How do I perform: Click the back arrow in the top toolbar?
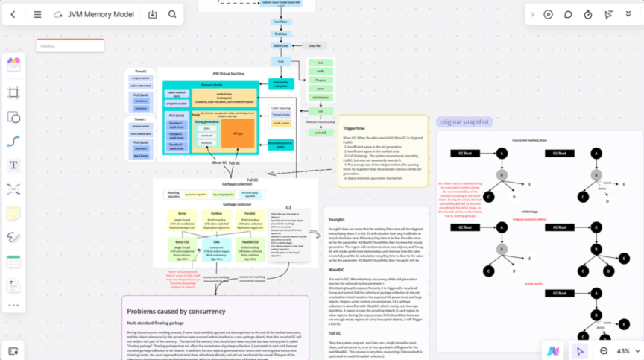(13, 14)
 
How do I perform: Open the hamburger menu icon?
(37, 14)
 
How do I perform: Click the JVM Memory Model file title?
(101, 14)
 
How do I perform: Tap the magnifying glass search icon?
(172, 14)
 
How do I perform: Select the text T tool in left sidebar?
(13, 165)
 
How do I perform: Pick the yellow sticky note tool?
(13, 213)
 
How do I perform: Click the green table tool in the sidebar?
(13, 262)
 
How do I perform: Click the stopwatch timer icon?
(588, 14)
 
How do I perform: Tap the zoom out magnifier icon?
(604, 350)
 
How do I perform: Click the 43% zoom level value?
(625, 350)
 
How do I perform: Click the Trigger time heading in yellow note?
(354, 128)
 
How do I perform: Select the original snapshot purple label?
(464, 121)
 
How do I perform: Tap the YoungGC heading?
(337, 220)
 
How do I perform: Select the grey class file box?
(314, 46)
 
